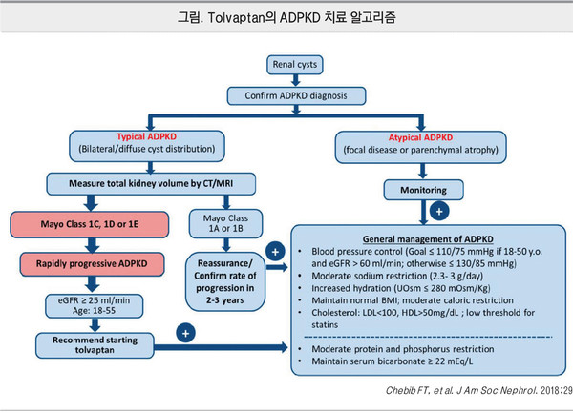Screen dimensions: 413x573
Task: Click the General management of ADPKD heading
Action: tap(425, 238)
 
